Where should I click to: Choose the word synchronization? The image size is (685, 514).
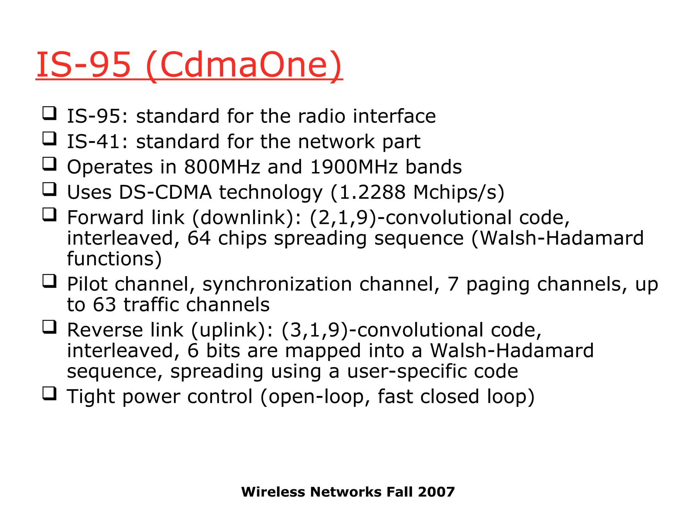pos(277,284)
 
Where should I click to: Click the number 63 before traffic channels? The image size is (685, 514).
pos(104,305)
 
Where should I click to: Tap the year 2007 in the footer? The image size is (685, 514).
pos(436,492)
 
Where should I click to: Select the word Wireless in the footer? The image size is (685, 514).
pos(273,492)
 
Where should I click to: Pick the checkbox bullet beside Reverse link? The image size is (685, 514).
pos(50,327)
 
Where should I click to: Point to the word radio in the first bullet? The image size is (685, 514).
pos(321,116)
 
